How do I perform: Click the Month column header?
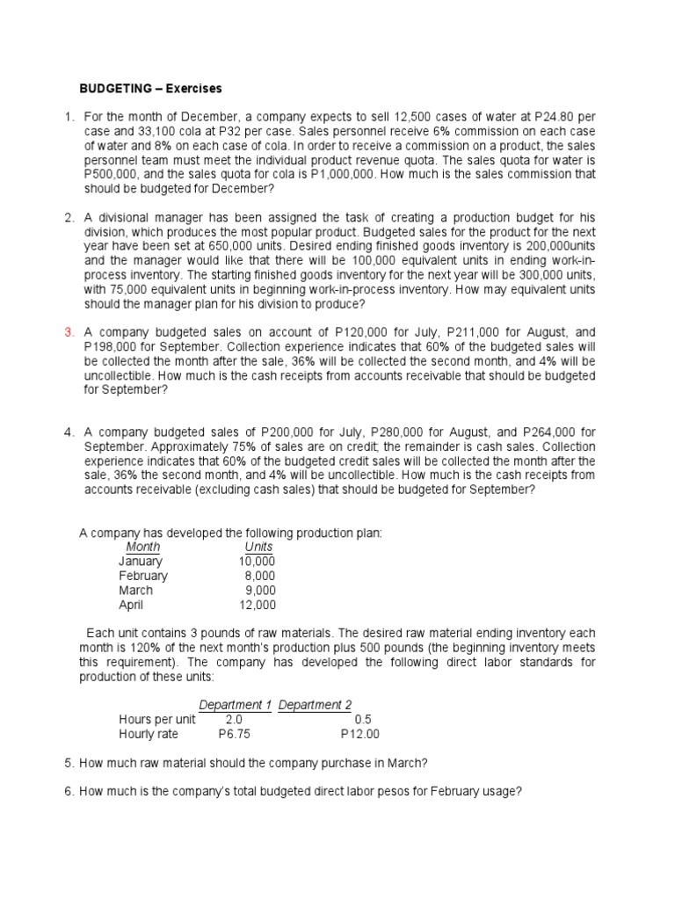[x=143, y=547]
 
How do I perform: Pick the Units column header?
[x=258, y=547]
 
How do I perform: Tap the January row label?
[x=141, y=561]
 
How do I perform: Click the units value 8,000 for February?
[x=260, y=576]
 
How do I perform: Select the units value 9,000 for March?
[x=260, y=591]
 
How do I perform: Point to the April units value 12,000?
[x=257, y=605]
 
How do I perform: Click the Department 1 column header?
[x=236, y=705]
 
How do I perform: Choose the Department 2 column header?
[x=316, y=705]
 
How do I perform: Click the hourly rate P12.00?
[x=360, y=734]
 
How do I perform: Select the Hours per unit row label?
[x=157, y=719]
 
